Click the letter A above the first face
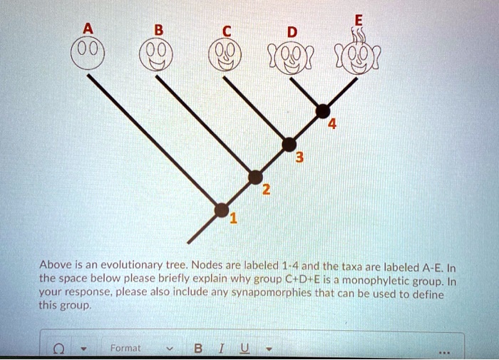pyautogui.click(x=88, y=29)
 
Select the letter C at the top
pyautogui.click(x=226, y=31)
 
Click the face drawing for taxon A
pyautogui.click(x=88, y=53)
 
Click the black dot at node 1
pyautogui.click(x=222, y=210)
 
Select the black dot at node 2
pyautogui.click(x=255, y=176)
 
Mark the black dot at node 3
pyautogui.click(x=289, y=144)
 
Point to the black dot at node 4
pyautogui.click(x=323, y=110)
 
